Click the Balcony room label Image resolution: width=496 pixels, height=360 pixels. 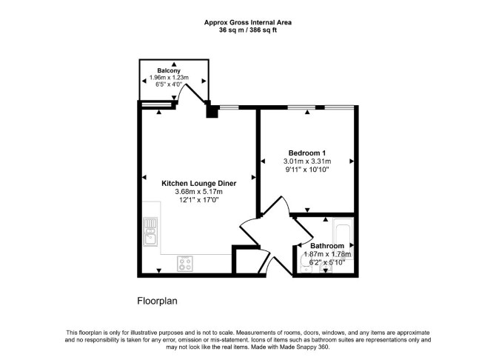coord(169,70)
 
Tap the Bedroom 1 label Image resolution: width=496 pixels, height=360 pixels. coord(307,153)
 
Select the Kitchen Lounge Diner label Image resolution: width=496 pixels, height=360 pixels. coord(199,183)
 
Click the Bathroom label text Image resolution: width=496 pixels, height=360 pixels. coord(327,246)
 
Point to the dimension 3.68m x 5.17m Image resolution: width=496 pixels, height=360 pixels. coord(198,192)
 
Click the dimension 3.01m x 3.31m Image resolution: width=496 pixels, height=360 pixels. coord(307,161)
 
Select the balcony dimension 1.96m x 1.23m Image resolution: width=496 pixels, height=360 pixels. coord(169,78)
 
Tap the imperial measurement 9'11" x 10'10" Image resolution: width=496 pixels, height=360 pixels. coord(307,170)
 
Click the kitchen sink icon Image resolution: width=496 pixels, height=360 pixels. coord(150,231)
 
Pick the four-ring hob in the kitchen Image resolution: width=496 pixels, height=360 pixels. coord(185,264)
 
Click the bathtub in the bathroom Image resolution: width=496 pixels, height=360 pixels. coord(343,238)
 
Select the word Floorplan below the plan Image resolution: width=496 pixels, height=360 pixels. coord(157,301)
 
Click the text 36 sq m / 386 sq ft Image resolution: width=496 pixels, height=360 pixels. coord(248,30)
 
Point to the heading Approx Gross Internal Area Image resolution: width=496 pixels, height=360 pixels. coord(248,22)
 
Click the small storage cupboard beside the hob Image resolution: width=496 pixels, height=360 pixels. coord(246,261)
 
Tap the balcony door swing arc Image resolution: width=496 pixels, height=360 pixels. coord(181,91)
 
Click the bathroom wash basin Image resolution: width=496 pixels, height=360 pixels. coord(326,269)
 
